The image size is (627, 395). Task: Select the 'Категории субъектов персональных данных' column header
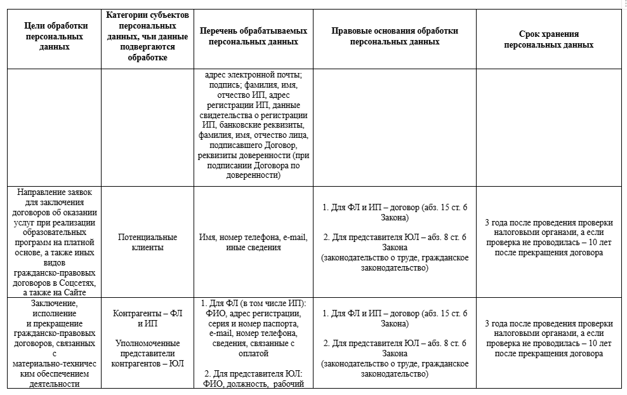(147, 36)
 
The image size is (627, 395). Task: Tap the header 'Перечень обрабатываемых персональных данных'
(253, 36)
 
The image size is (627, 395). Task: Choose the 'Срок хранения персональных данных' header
(549, 39)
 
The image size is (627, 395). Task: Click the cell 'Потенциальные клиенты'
(147, 242)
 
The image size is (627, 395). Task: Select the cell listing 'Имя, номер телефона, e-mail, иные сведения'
(253, 242)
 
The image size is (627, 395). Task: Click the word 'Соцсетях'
(76, 283)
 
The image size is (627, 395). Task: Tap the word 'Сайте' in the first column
(74, 292)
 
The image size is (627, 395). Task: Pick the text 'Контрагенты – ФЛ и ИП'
(147, 318)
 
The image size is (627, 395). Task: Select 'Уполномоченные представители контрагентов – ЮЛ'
(147, 354)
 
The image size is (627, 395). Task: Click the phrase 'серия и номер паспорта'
(253, 324)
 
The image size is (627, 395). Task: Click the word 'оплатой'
(253, 354)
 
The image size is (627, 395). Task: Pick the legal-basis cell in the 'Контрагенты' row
(394, 344)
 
